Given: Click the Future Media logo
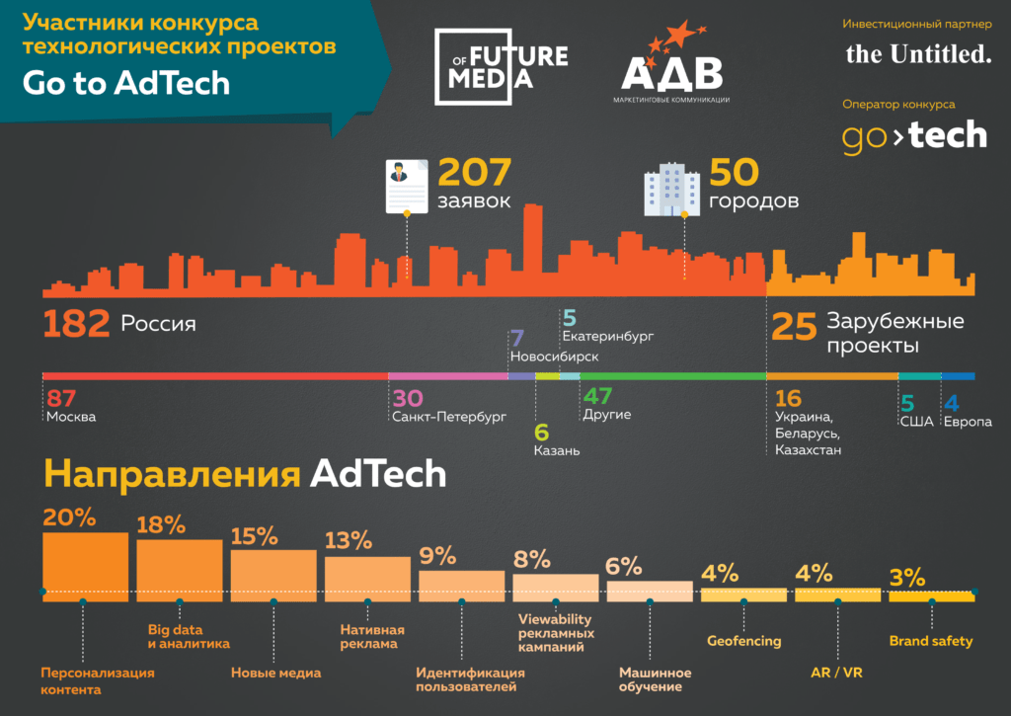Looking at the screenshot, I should [501, 65].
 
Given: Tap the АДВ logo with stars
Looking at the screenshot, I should [670, 65].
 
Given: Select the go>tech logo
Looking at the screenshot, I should [914, 136].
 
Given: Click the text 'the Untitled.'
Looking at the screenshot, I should [918, 54].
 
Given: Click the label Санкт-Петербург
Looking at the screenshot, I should [448, 417].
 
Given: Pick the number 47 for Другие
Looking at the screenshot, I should [597, 397].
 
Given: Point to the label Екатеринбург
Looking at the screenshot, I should [607, 337].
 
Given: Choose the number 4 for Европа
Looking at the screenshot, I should [952, 402].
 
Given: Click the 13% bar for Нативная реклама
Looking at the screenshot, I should [367, 574].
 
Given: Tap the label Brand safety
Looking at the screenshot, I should [930, 641].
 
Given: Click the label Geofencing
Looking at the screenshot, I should [743, 641].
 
